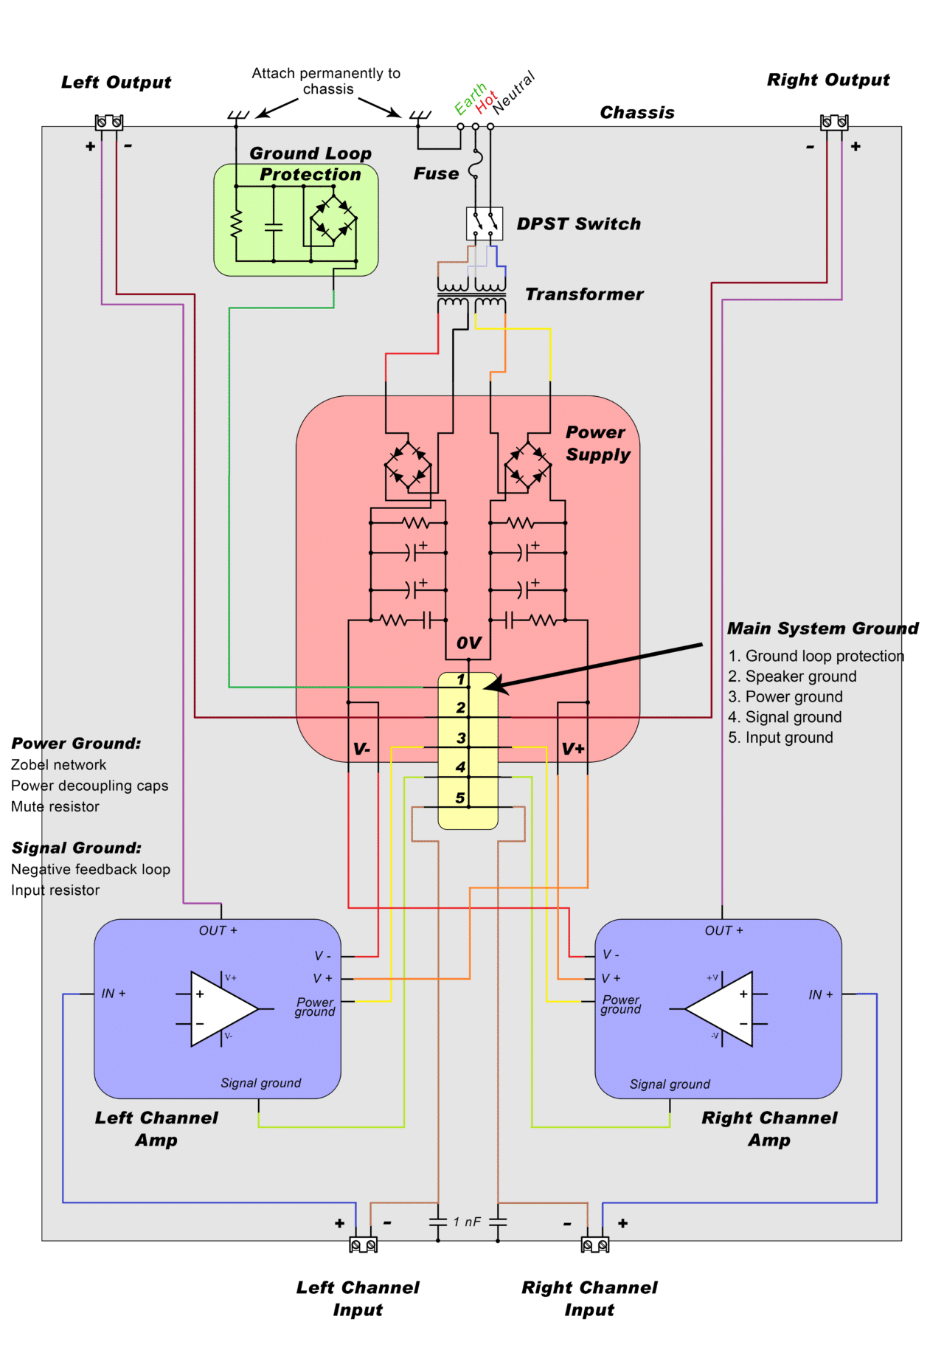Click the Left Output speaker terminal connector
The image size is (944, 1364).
point(109,122)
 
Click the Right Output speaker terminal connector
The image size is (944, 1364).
point(834,122)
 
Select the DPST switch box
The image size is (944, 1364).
point(485,224)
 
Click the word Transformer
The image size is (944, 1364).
point(584,294)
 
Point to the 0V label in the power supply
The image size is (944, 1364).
point(468,643)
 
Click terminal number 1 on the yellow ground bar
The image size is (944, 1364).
point(461,679)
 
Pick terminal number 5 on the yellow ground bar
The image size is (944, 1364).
point(460,797)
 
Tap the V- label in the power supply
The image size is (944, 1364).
point(362,749)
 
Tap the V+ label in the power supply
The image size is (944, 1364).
point(573,749)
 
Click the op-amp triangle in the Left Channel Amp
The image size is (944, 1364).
point(221,1008)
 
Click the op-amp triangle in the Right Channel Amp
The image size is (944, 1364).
point(723,1008)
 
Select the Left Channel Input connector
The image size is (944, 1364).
point(363,1245)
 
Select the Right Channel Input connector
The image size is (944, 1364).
point(595,1245)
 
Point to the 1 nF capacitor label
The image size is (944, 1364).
point(467,1222)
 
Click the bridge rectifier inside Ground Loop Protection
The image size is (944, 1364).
point(333,219)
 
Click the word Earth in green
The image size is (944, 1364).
point(470,100)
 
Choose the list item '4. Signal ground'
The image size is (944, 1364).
point(785,717)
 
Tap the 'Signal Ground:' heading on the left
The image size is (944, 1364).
point(76,848)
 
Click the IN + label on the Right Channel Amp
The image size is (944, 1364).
point(820,994)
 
